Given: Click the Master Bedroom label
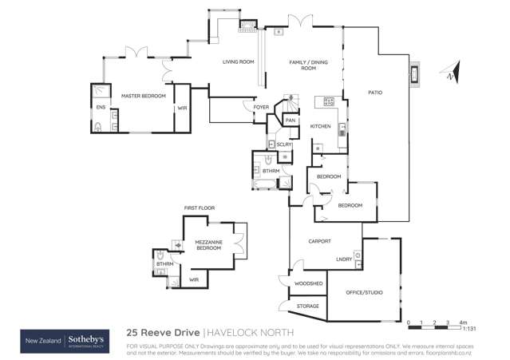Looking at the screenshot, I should (x=143, y=96).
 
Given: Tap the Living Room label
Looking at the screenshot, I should (x=238, y=61).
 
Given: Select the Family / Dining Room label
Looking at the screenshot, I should (x=302, y=65).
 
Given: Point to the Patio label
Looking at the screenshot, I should (x=375, y=93).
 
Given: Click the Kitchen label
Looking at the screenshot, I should (x=320, y=126).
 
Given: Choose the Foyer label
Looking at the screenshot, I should (x=261, y=107).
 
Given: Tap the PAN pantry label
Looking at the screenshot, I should (x=291, y=121).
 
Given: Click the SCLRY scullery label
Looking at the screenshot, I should (x=284, y=144).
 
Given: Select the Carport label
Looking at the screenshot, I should (x=320, y=241).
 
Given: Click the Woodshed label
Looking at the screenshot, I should (x=308, y=283).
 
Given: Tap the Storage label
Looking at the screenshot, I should (x=308, y=306).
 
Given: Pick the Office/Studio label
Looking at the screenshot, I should (x=364, y=292).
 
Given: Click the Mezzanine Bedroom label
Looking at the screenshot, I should (x=209, y=245).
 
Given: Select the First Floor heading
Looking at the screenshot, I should (x=200, y=208).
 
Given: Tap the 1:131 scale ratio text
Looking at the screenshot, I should (x=469, y=328).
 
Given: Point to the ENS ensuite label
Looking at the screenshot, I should (x=101, y=106).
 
